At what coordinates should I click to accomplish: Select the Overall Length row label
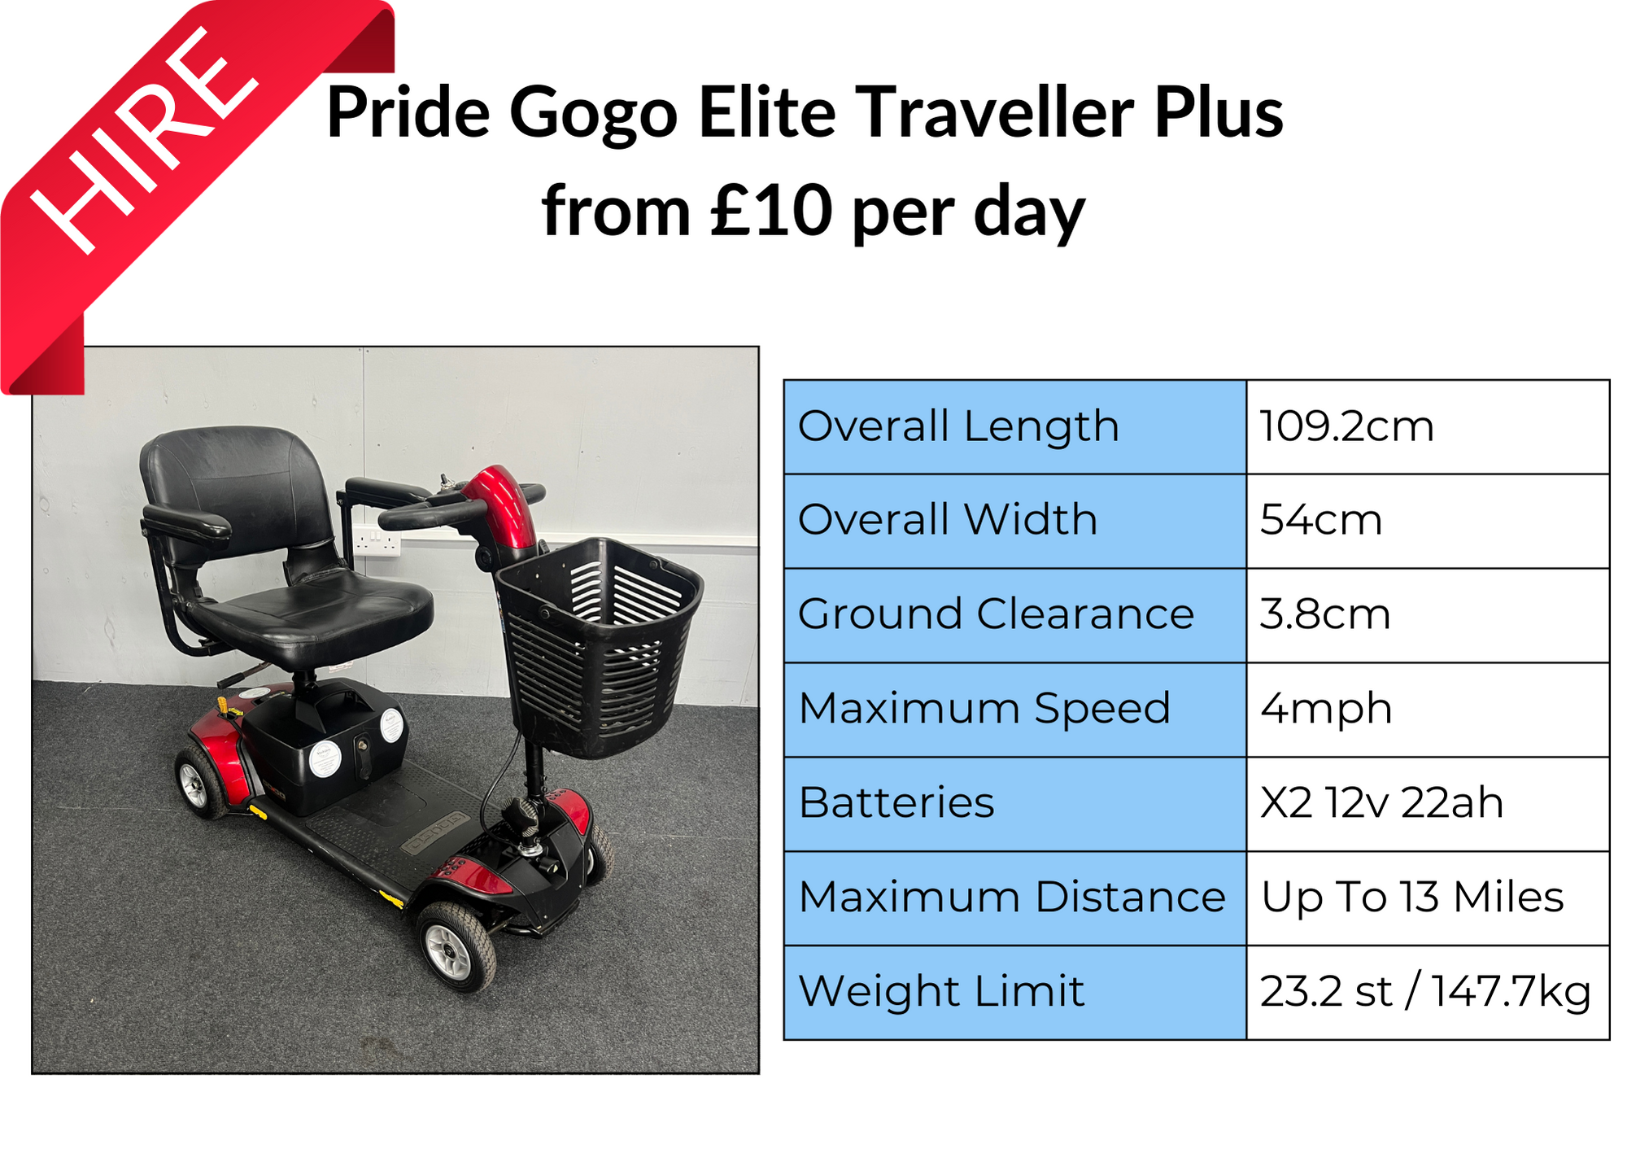pos(958,426)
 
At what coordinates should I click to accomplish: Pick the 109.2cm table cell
pos(1346,426)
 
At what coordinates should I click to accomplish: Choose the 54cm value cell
pos(1320,520)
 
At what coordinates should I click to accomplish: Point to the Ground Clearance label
pos(996,614)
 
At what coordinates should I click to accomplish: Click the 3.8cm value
pos(1324,614)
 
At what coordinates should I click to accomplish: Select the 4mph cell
pos(1326,709)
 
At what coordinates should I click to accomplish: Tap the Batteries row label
pos(896,803)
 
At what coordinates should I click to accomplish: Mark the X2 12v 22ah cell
pos(1381,803)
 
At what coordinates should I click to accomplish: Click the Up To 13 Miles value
pos(1412,898)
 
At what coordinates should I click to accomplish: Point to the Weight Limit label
pos(941,992)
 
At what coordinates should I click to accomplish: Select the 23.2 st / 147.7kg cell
pos(1425,992)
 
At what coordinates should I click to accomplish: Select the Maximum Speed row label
pos(984,709)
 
